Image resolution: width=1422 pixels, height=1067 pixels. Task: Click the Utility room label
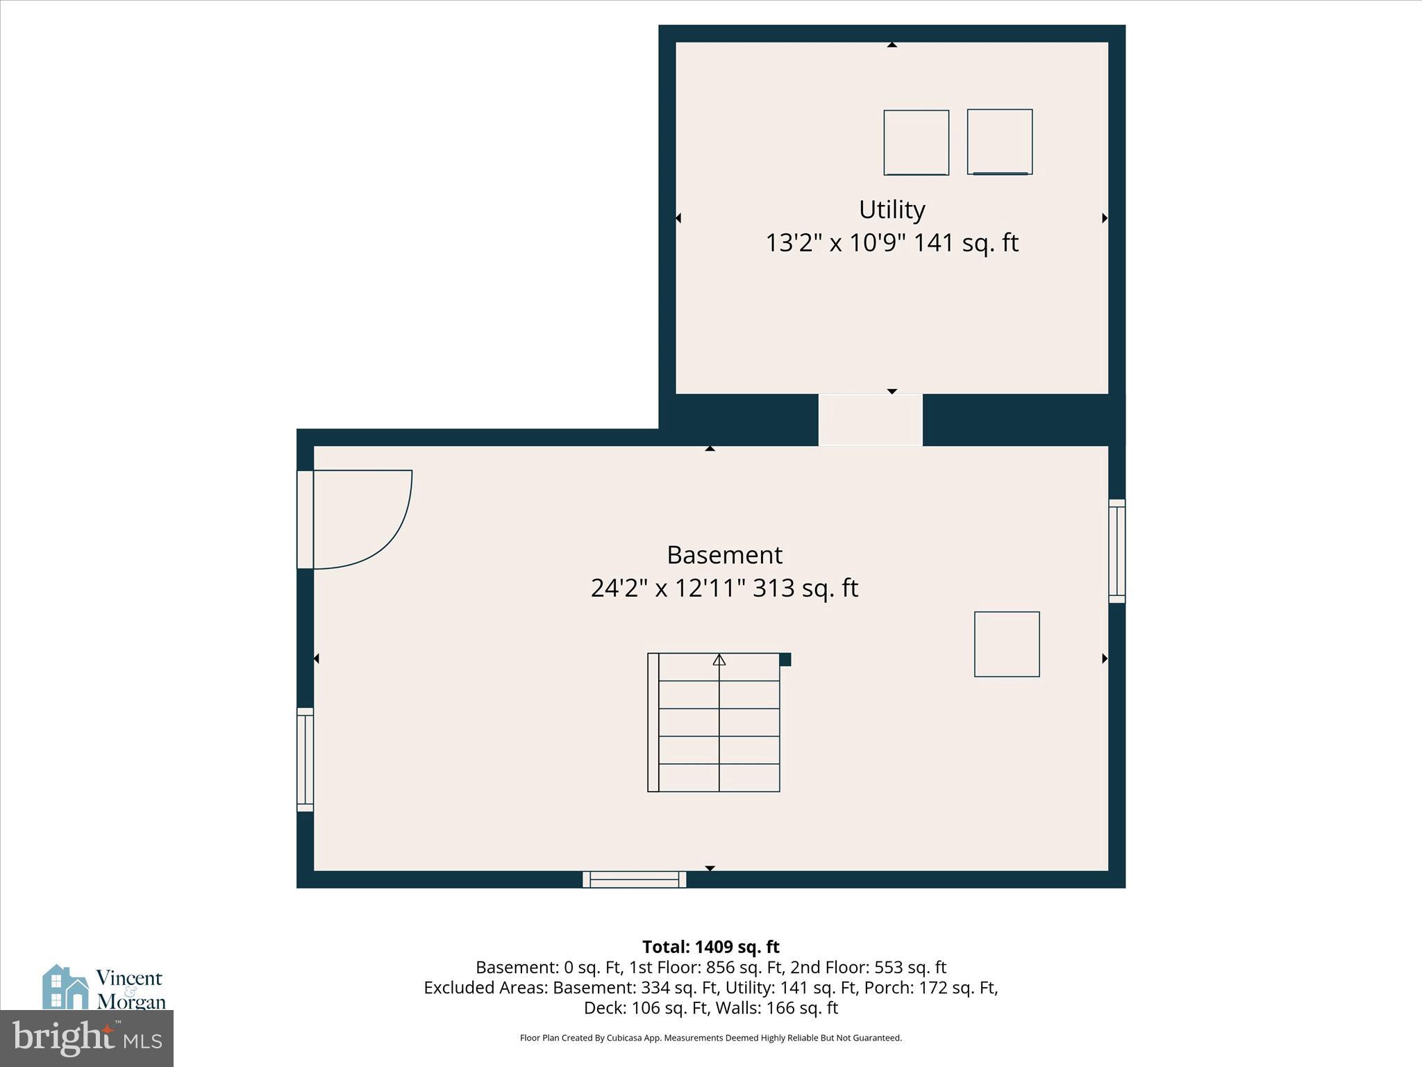(x=892, y=210)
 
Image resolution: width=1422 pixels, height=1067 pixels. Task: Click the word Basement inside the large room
(x=724, y=555)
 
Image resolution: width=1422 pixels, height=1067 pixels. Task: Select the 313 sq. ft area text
(x=805, y=588)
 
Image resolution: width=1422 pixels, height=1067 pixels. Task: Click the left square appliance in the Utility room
(x=916, y=142)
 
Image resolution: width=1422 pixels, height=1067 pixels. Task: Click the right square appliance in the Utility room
(x=999, y=142)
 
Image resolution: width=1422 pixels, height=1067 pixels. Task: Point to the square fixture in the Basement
(x=1006, y=644)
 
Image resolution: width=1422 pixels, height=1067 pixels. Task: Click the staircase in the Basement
(x=714, y=722)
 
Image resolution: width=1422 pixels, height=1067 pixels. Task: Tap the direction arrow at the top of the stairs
(x=719, y=659)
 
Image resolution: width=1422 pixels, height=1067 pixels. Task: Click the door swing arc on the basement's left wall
(x=375, y=528)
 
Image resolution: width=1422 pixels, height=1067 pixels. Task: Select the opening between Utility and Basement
(x=870, y=420)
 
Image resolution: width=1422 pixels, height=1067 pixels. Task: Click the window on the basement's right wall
(x=1116, y=551)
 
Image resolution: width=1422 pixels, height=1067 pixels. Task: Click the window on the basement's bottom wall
(x=634, y=879)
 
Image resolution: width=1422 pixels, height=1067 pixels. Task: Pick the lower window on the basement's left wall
(x=305, y=759)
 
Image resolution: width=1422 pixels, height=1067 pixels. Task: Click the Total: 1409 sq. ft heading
(x=710, y=947)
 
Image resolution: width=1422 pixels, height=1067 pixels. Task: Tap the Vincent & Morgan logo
(x=104, y=988)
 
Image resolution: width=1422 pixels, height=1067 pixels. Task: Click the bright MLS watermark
(x=87, y=1038)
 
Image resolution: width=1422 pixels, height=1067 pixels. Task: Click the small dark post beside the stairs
(x=785, y=659)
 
